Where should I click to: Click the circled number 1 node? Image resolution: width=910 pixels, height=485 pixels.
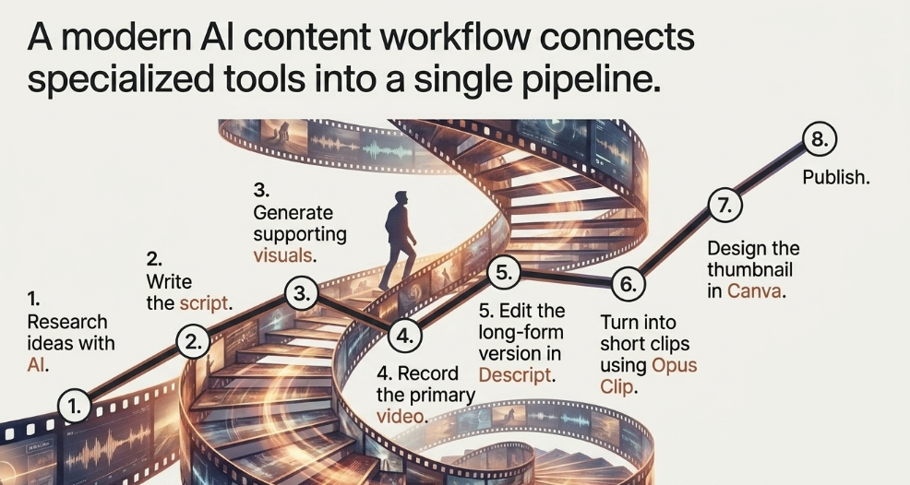(74, 406)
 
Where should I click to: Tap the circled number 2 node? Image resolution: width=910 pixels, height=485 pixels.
(193, 342)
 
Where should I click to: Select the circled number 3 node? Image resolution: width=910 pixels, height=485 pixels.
(302, 293)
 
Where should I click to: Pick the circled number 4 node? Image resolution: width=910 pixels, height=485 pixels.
(404, 336)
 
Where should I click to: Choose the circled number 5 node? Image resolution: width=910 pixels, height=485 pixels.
(504, 273)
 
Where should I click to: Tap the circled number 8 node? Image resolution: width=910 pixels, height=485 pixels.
(820, 140)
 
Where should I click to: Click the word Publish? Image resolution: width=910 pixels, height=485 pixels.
(836, 178)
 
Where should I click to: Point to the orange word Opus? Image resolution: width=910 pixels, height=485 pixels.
(675, 366)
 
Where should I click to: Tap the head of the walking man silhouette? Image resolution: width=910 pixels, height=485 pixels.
(401, 199)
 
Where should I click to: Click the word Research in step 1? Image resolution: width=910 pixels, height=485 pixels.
(67, 322)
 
